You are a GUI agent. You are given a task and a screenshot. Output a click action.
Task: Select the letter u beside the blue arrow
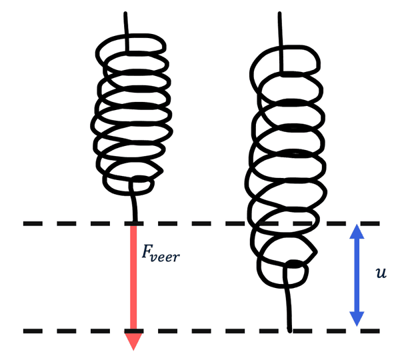coord(381,273)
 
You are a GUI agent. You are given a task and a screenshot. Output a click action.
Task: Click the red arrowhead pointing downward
coord(133,340)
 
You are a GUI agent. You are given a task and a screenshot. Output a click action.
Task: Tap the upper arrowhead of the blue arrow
coord(357,233)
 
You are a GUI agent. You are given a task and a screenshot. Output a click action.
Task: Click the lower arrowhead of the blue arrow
coord(357,319)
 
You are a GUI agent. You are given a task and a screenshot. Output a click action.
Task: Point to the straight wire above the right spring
coord(281,30)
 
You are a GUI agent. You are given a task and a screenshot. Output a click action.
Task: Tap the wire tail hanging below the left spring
coord(135,203)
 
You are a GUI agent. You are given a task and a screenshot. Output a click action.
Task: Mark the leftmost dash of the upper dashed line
coord(33,223)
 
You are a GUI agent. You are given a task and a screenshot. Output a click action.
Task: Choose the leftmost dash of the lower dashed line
coord(33,331)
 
